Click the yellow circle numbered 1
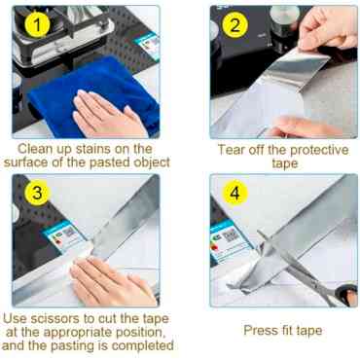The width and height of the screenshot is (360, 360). (x=37, y=24)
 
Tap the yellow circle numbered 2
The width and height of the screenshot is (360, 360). (x=234, y=24)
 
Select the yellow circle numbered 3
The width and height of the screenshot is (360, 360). (x=37, y=193)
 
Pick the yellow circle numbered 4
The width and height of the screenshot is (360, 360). (x=234, y=193)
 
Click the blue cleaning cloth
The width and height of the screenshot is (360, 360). (x=97, y=94)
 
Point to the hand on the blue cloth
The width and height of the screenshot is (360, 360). (x=105, y=114)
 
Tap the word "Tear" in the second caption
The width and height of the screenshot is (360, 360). (x=231, y=150)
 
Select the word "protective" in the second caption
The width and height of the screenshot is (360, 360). (x=319, y=150)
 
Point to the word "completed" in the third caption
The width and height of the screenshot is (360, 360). (x=142, y=345)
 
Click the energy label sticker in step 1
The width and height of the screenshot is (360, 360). (x=148, y=45)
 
